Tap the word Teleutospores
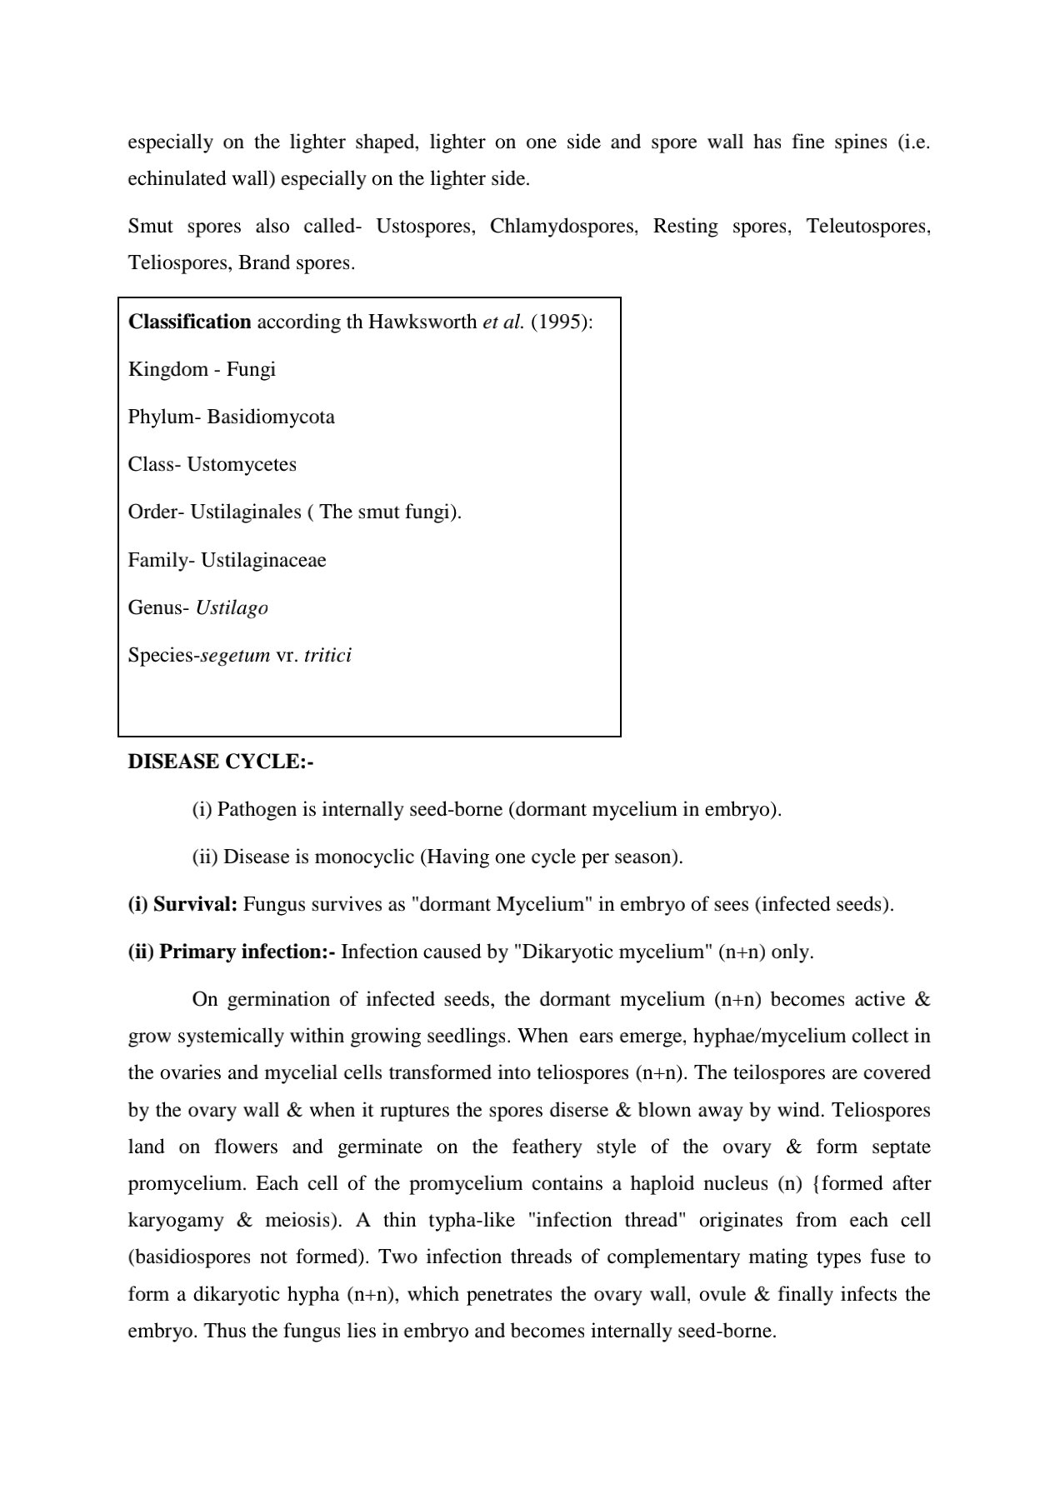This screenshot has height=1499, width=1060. tap(867, 227)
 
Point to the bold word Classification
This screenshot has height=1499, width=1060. tap(190, 322)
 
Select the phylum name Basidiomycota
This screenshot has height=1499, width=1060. tap(271, 417)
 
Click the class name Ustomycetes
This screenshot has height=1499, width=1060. tap(242, 465)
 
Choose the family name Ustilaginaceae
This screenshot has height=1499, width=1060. tap(263, 560)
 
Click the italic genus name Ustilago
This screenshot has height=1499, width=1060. tap(232, 608)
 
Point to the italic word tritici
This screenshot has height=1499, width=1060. tap(327, 656)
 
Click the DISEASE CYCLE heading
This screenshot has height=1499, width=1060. tap(220, 762)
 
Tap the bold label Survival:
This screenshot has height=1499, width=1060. tap(196, 905)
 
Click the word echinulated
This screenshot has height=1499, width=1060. tap(177, 179)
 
